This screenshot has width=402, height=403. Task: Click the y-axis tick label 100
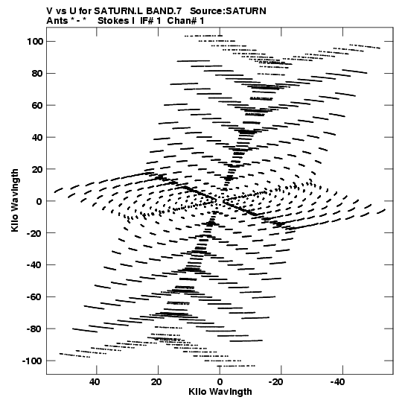click(x=35, y=42)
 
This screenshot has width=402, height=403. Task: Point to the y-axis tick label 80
click(x=37, y=74)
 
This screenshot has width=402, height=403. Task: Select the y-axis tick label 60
click(x=37, y=105)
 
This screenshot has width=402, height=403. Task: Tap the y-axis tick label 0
click(x=39, y=201)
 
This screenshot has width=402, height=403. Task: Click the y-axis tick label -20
click(x=35, y=233)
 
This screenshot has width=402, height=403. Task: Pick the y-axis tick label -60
click(x=35, y=297)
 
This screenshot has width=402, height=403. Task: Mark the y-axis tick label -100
click(x=33, y=361)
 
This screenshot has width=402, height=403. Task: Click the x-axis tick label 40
click(x=95, y=382)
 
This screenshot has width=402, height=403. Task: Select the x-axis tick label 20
click(x=156, y=382)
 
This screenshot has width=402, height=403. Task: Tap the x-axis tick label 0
click(x=220, y=382)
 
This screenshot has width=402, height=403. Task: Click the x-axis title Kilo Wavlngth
click(x=220, y=392)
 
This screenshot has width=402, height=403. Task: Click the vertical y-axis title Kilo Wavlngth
click(x=15, y=200)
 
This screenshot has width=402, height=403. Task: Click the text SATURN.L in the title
click(x=118, y=11)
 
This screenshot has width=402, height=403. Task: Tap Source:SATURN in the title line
click(x=228, y=11)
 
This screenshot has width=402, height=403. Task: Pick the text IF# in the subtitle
click(x=147, y=21)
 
